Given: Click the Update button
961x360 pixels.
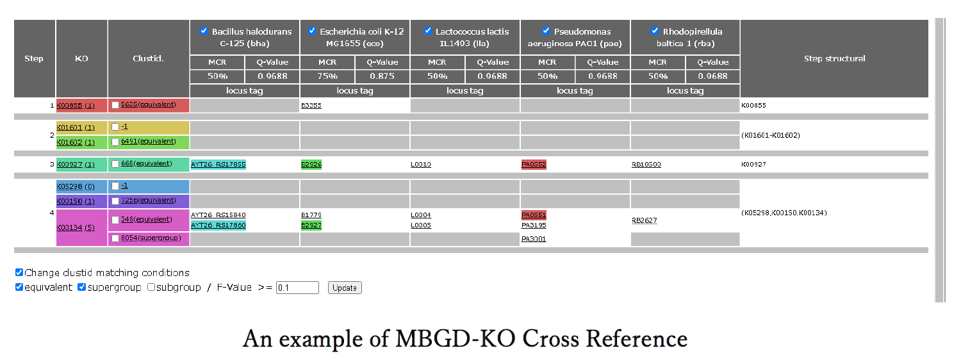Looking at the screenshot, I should pos(345,288).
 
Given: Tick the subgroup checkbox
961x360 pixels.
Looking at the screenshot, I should pos(151,288).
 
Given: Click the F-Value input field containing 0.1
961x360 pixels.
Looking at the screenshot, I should pos(297,288).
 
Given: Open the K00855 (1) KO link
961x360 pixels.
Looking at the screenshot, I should pos(76,106).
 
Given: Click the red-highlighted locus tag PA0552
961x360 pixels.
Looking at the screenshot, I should pos(534,165).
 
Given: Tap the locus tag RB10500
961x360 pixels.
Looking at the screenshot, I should pos(646,165).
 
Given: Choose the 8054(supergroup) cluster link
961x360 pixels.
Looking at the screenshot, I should pos(151,238).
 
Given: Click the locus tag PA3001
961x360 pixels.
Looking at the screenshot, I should pos(534,239).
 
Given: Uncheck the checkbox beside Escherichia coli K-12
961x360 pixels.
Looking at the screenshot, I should pos(312,31).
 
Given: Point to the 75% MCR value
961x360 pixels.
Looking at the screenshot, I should pos(327,76).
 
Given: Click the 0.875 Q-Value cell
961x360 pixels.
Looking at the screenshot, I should pos(382,76).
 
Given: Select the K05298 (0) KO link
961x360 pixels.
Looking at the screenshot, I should pos(76,186).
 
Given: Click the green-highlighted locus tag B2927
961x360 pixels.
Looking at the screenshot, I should pos(311,225).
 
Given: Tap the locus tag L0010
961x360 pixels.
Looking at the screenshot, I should pos(421,165).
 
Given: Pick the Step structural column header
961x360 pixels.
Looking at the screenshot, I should pos(834,58).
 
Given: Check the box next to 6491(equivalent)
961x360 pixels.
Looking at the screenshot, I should pos(115,142).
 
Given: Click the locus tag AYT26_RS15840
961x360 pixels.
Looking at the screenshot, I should pos(218,215).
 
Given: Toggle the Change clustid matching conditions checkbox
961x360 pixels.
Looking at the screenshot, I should pos(19,272).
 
